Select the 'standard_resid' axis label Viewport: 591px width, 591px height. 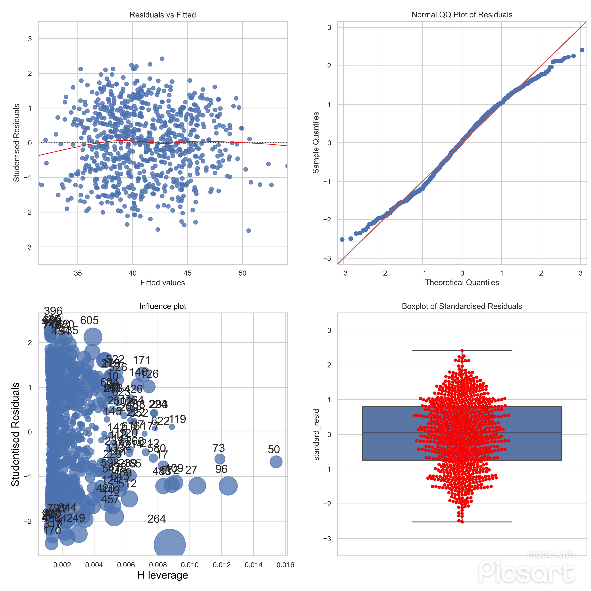(317, 434)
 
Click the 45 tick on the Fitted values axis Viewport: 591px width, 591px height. (188, 273)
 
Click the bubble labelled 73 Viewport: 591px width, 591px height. (220, 459)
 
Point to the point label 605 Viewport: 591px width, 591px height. (89, 320)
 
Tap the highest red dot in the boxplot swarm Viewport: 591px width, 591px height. (462, 351)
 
